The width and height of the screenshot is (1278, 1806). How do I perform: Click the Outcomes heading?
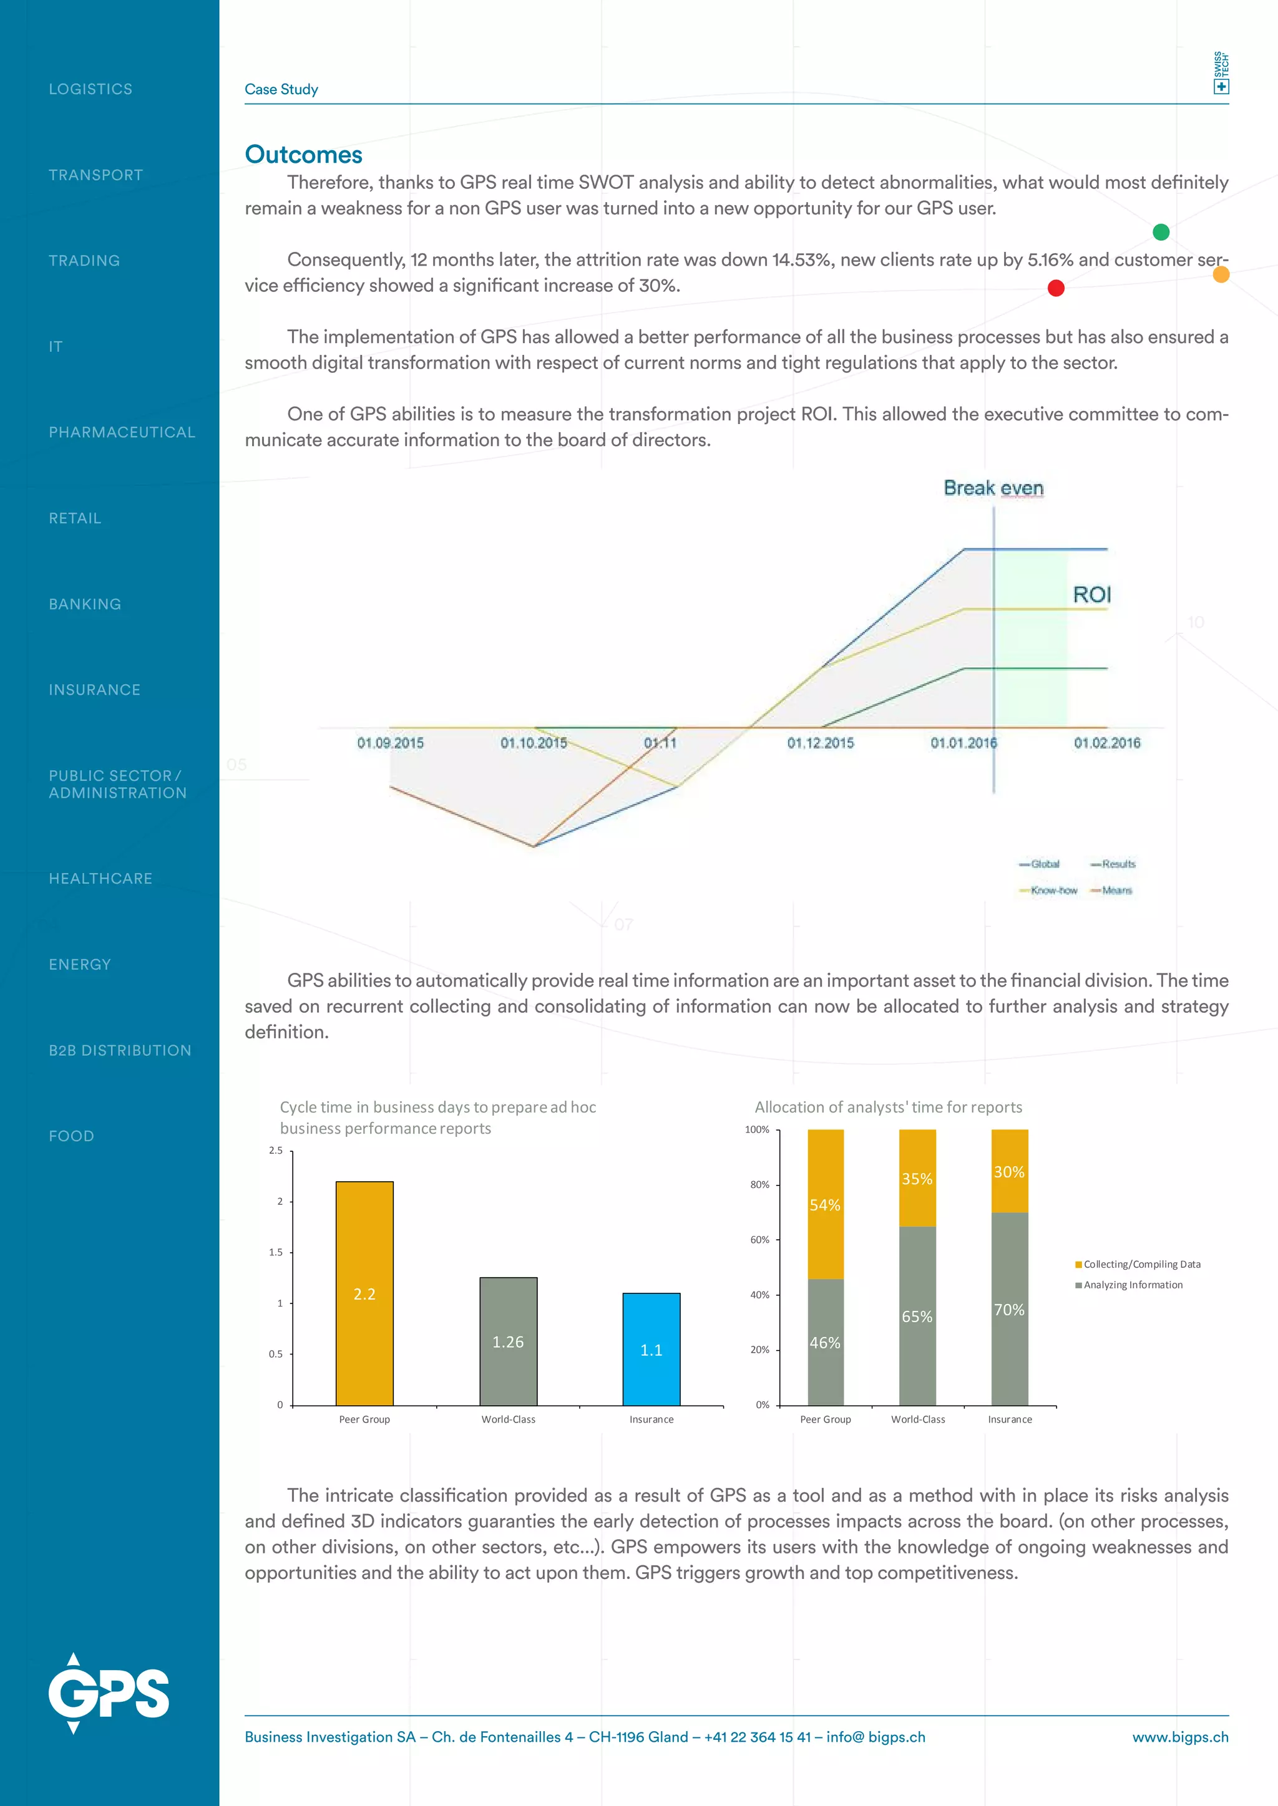point(303,154)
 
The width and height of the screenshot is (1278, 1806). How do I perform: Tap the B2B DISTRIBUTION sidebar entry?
point(120,1050)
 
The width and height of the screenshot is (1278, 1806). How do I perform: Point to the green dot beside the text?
point(1161,232)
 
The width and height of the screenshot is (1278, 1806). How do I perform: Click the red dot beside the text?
point(1056,288)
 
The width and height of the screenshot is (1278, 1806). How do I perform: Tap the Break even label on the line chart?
point(993,488)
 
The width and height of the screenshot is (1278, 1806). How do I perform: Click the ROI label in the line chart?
point(1091,595)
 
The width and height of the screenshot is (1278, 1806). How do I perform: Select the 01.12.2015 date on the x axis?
point(820,743)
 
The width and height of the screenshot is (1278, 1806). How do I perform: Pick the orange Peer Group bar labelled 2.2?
point(364,1293)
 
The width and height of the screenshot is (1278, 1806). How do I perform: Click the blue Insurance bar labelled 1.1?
point(651,1349)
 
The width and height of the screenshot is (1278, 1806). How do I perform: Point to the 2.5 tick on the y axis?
point(275,1150)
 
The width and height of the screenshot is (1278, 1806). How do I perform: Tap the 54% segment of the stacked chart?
point(825,1204)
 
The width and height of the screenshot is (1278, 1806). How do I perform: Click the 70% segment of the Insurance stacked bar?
point(1009,1309)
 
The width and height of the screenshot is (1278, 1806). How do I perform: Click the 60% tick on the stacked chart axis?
point(759,1240)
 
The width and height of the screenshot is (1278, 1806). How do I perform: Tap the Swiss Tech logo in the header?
point(1221,73)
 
